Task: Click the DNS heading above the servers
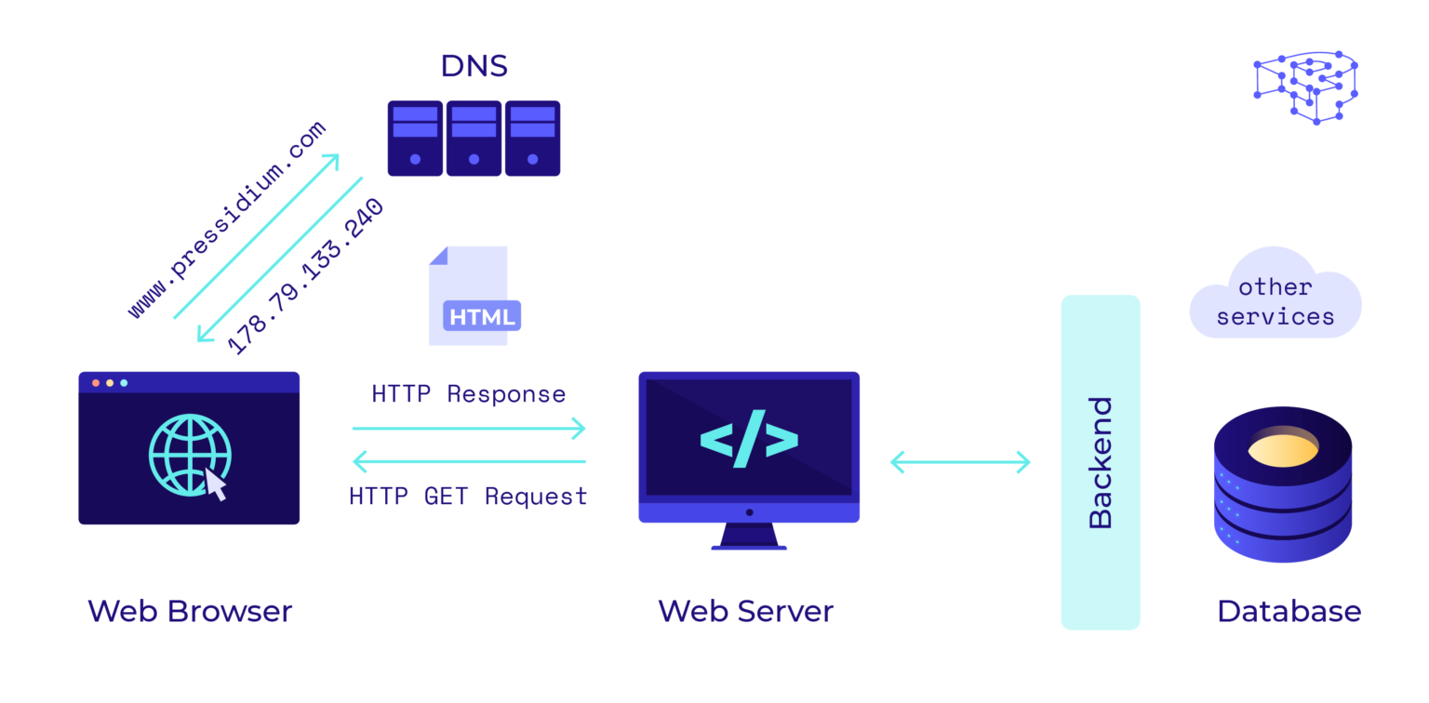[x=474, y=66]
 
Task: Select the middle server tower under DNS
[x=474, y=139]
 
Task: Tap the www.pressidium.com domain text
[x=227, y=220]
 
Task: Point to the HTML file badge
[x=482, y=316]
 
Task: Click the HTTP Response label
[x=468, y=393]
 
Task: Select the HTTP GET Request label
[x=468, y=497]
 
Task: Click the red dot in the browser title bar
[x=95, y=382]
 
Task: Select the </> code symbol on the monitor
[x=749, y=438]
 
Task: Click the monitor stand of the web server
[x=749, y=536]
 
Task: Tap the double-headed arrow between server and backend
[x=960, y=461]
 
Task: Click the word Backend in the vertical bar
[x=1100, y=462]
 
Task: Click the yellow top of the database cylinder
[x=1282, y=450]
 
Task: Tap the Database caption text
[x=1289, y=611]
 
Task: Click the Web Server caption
[x=745, y=611]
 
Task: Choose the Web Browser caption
[x=190, y=611]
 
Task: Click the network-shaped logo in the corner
[x=1305, y=86]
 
